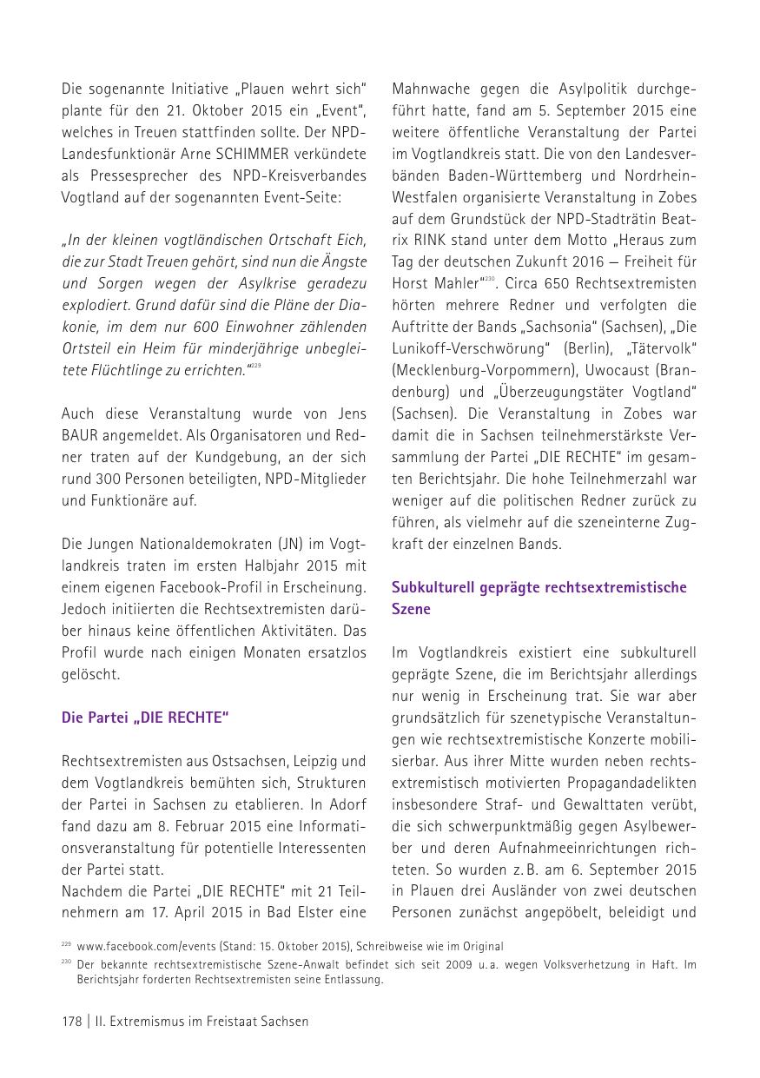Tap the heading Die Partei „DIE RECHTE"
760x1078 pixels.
pos(145,718)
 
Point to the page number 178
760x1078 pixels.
pos(71,1022)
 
